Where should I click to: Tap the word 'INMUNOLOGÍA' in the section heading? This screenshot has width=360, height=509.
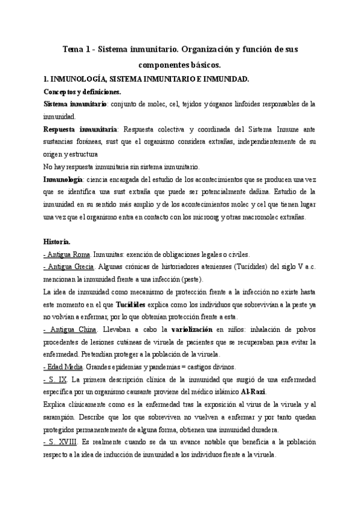tap(79, 79)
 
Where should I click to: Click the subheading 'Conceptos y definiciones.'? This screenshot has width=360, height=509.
tap(82, 92)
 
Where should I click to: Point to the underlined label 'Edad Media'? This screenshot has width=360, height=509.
tap(64, 367)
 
